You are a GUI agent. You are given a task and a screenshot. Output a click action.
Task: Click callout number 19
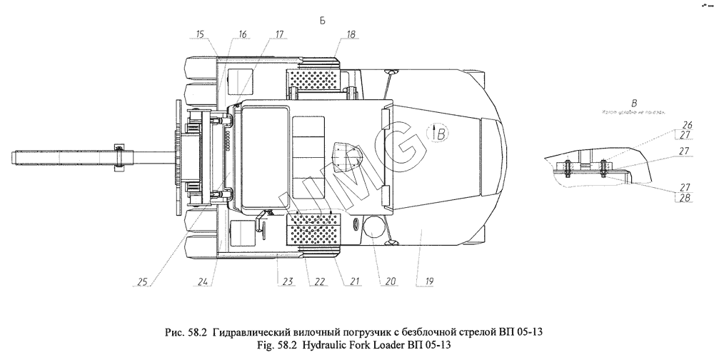[429, 281]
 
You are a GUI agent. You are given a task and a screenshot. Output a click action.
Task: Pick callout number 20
[389, 281]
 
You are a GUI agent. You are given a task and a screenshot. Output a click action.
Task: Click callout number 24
[204, 281]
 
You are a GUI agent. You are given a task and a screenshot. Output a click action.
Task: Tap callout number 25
[142, 281]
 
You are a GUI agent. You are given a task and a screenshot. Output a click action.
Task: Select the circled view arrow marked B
[439, 132]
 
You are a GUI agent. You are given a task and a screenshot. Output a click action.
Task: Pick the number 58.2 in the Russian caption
[194, 332]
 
